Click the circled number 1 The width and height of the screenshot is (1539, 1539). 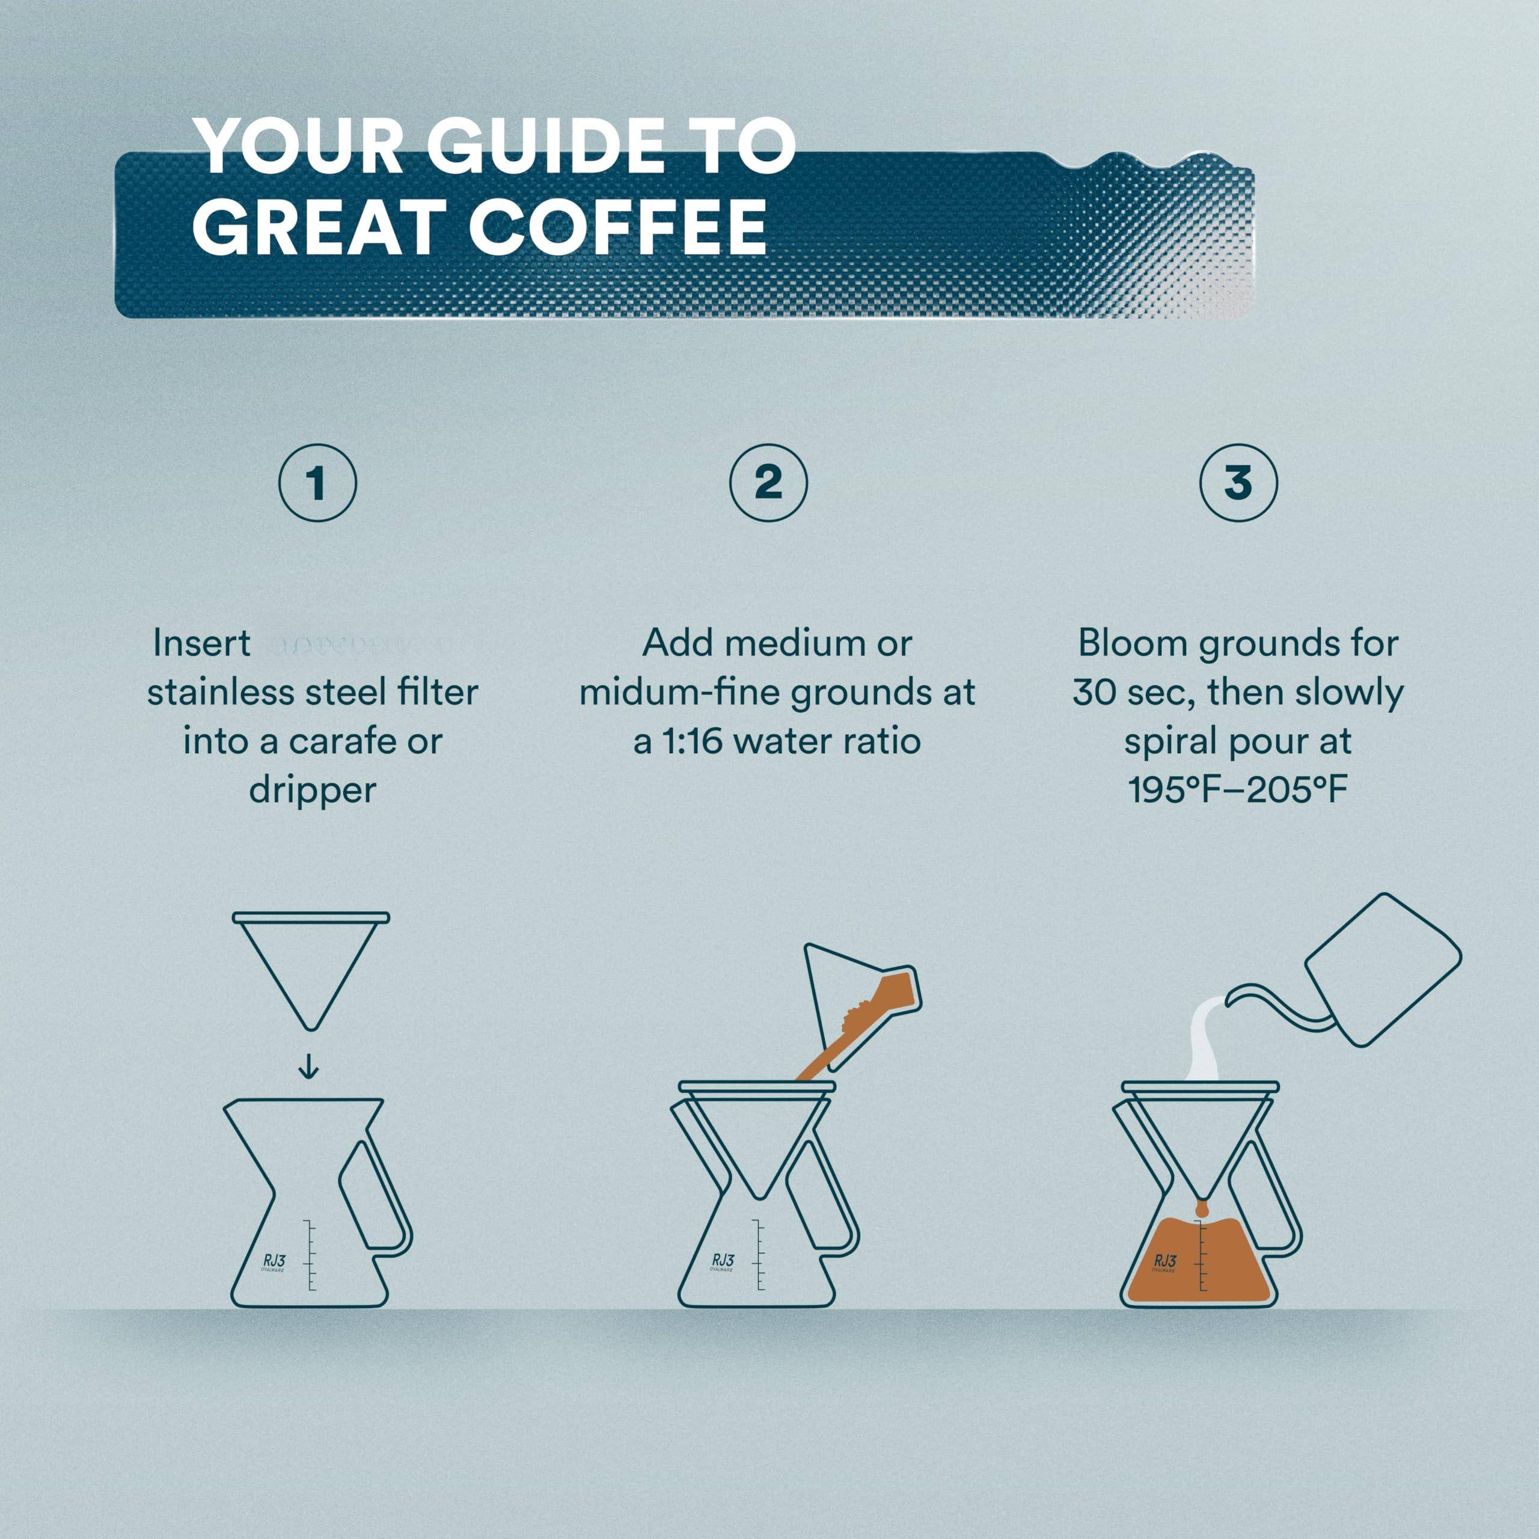point(317,483)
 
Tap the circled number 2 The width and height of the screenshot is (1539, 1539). point(768,483)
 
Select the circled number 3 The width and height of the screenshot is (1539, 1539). point(1238,483)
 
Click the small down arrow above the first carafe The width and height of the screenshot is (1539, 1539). point(308,1066)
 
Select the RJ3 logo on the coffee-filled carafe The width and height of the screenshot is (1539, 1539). point(1164,1261)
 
